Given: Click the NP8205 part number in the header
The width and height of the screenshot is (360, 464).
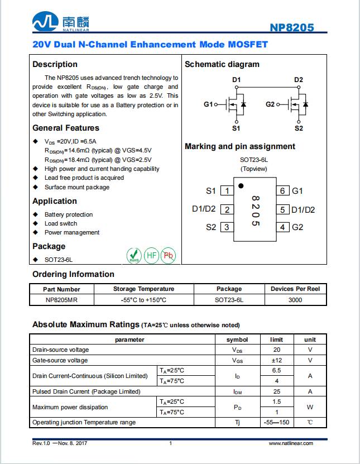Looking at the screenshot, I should pyautogui.click(x=292, y=27).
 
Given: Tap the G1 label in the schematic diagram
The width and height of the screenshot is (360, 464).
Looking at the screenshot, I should pyautogui.click(x=208, y=104).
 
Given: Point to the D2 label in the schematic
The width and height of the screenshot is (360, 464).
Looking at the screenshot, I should pyautogui.click(x=299, y=80).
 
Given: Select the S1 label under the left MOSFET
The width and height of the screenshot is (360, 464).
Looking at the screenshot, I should pyautogui.click(x=236, y=128).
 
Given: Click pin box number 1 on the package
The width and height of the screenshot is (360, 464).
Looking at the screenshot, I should pyautogui.click(x=227, y=191).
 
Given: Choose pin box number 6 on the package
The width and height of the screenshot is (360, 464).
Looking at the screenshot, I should pyautogui.click(x=283, y=191).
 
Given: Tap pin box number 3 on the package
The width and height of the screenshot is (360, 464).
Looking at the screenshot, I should pyautogui.click(x=227, y=227).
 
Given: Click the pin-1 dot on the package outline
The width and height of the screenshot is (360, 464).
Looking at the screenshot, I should pyautogui.click(x=241, y=185).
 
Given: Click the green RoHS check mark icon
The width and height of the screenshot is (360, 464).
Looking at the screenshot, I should pyautogui.click(x=134, y=256).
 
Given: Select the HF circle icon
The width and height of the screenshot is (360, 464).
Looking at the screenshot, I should pyautogui.click(x=151, y=256).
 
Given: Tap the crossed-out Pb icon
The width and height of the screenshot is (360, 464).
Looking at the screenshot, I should pyautogui.click(x=169, y=256).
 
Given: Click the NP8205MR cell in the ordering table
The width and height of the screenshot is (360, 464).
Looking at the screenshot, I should pyautogui.click(x=63, y=300).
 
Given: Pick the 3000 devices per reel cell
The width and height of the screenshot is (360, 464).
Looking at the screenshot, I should pyautogui.click(x=295, y=300).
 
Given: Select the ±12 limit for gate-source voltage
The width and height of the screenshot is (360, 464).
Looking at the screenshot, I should pyautogui.click(x=277, y=360).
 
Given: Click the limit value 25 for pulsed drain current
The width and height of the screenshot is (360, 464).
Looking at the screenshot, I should pyautogui.click(x=277, y=391).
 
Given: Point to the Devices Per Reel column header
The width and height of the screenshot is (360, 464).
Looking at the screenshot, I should pyautogui.click(x=295, y=289).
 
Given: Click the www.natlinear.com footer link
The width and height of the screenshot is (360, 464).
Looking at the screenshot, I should pyautogui.click(x=291, y=443).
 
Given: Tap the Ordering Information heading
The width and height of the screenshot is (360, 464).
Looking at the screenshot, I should pyautogui.click(x=73, y=274).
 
